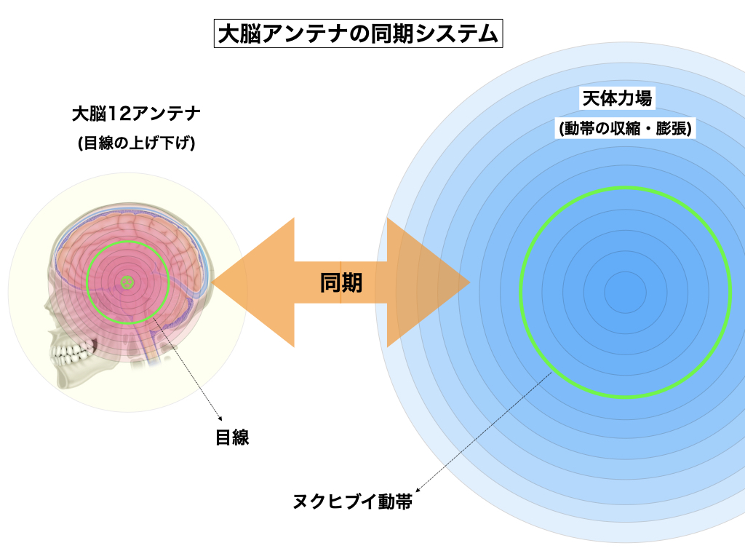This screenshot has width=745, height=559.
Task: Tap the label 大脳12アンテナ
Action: [x=136, y=114]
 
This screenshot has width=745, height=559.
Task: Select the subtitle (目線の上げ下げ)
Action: [x=136, y=143]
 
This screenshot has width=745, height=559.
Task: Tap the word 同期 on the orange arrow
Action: [x=341, y=282]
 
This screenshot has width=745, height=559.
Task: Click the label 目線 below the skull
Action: [x=232, y=437]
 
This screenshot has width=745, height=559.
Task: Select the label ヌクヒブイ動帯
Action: [x=351, y=501]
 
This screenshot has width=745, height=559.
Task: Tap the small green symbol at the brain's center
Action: [x=128, y=281]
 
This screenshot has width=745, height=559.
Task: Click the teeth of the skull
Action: [x=70, y=355]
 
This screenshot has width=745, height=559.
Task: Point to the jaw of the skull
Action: [x=87, y=382]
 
